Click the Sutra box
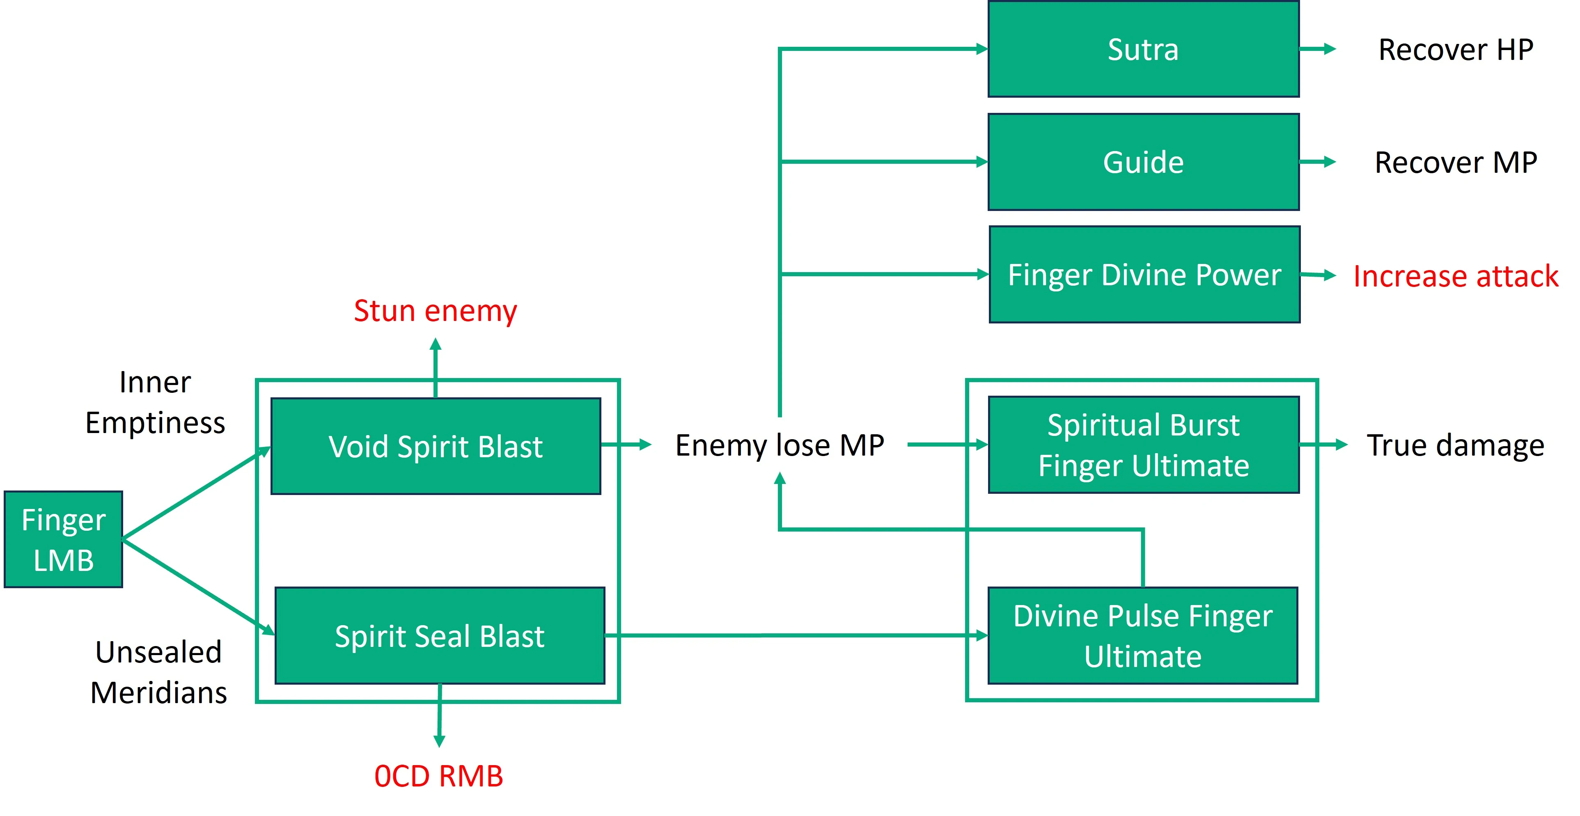tap(1143, 49)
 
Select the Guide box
tap(1143, 162)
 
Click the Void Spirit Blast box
tap(436, 446)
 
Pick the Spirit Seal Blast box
tap(440, 636)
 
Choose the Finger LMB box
tap(63, 539)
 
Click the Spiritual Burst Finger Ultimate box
tap(1143, 445)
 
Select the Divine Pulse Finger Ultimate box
tap(1143, 636)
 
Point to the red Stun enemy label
tap(436, 311)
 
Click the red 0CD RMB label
tap(438, 776)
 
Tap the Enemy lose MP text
tap(780, 445)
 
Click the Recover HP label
tap(1456, 50)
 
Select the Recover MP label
tap(1456, 163)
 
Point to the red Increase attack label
tap(1456, 276)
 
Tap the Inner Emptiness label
tap(155, 403)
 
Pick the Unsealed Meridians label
tap(158, 672)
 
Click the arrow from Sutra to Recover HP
tap(1317, 49)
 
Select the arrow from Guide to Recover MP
tap(1317, 162)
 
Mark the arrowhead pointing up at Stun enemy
tap(436, 345)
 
